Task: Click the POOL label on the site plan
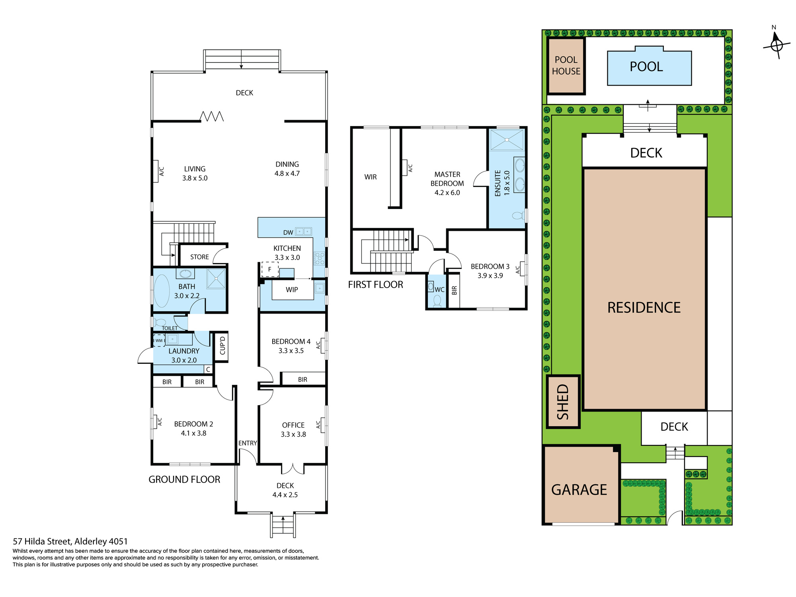pos(646,66)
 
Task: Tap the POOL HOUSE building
pos(566,66)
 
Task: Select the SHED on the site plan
pos(563,402)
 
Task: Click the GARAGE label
pos(579,490)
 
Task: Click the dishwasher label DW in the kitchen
pos(288,232)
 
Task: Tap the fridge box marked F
pos(269,269)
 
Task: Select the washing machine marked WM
pos(159,340)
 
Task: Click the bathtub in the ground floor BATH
pos(162,291)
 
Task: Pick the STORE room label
pos(199,257)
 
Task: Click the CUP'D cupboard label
pos(222,345)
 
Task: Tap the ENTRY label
pos(248,443)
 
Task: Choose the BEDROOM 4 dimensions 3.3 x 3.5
pos(291,351)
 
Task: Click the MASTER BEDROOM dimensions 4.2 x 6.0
pos(447,193)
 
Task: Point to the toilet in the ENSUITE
pos(518,216)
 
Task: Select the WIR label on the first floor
pos(371,177)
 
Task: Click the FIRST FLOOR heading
pos(375,285)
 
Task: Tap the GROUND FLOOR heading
pos(184,480)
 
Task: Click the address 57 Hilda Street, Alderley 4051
pos(70,541)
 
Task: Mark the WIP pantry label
pos(292,290)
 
